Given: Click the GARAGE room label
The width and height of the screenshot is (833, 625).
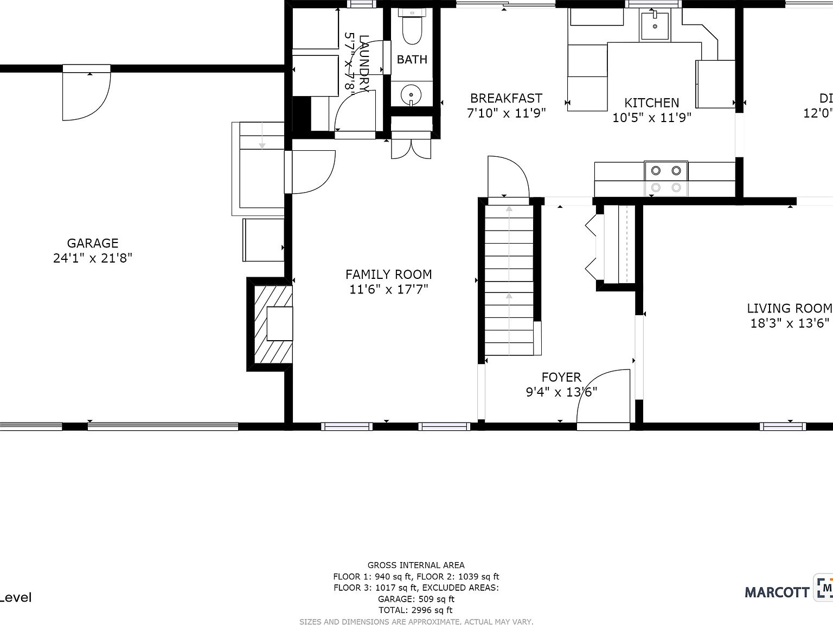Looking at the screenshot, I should pos(93,244).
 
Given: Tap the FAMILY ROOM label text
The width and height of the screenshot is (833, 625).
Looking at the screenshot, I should pos(388,275).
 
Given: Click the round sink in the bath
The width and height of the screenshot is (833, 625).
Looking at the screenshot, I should pos(412,97).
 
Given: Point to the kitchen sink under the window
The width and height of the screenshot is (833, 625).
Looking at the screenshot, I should pos(655,25).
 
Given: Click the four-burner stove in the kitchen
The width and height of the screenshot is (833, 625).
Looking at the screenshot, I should pos(666,178).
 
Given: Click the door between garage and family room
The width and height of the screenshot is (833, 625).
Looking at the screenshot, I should pos(312,172).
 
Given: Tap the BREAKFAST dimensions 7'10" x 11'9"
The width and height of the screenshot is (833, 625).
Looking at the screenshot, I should pos(506,113).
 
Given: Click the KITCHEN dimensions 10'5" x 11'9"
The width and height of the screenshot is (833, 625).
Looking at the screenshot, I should pos(651,117).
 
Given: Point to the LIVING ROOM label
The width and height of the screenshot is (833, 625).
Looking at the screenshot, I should pos(789,309).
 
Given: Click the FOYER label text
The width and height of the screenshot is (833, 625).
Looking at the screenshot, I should pos(561,377).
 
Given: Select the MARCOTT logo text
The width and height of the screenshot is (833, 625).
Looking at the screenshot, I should pos(777,592).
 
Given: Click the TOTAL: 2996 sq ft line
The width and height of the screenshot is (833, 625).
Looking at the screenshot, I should pos(416,610).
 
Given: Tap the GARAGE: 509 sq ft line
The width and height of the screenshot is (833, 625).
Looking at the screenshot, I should pos(416,599).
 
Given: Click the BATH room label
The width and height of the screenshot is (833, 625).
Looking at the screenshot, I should pos(412,60).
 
